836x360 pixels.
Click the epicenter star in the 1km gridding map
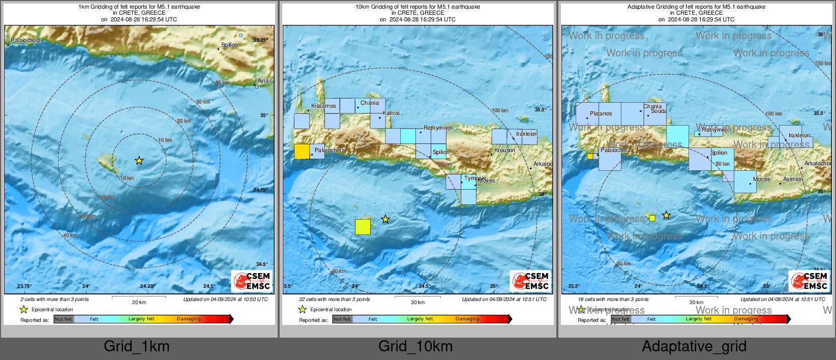(139, 161)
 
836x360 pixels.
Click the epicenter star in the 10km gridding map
(385, 219)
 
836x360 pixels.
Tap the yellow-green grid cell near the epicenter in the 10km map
(363, 227)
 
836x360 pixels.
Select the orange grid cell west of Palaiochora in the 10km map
(302, 152)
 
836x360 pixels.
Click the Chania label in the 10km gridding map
(370, 103)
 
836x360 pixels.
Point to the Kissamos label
(323, 106)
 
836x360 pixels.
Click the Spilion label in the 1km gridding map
(229, 45)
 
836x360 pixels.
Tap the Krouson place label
(504, 150)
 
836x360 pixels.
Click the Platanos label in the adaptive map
(601, 113)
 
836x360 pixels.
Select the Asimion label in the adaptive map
(793, 179)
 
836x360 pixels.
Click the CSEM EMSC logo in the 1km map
(252, 281)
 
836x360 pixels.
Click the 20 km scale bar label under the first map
(139, 302)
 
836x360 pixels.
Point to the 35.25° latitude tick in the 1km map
(260, 40)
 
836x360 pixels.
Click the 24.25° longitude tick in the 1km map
(147, 286)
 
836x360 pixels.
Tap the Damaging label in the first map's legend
(189, 319)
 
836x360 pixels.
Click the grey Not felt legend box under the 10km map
(342, 319)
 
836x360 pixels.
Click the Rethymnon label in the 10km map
(438, 128)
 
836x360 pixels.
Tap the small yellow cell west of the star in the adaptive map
(652, 218)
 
